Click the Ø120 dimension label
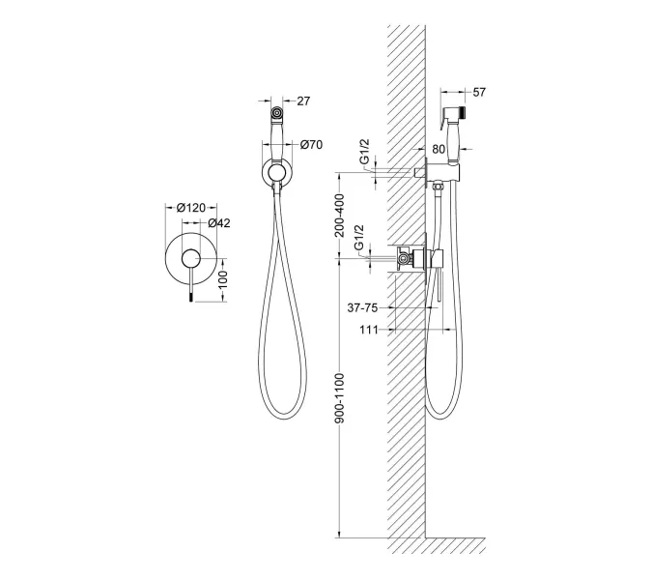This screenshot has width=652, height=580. pos(191,207)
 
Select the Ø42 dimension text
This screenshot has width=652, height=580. pos(218,223)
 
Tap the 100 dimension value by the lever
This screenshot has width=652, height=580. pos(223,277)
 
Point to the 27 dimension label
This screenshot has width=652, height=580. pos(303,101)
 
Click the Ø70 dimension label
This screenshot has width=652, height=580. pos(311,145)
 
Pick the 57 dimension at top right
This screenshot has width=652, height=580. pos(479,92)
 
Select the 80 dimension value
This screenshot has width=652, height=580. pos(439,149)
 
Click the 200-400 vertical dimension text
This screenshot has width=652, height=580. pos(340,216)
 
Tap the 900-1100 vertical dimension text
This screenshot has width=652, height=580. pos(340,398)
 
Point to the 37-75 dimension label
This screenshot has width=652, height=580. pos(362,308)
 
